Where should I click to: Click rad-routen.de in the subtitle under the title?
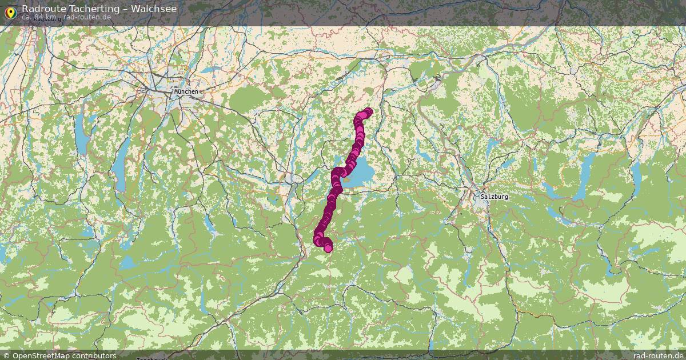[87, 17]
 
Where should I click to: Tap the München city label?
[186, 91]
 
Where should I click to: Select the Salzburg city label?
[494, 197]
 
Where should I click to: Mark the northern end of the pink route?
[368, 111]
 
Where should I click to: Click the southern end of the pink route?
[328, 248]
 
